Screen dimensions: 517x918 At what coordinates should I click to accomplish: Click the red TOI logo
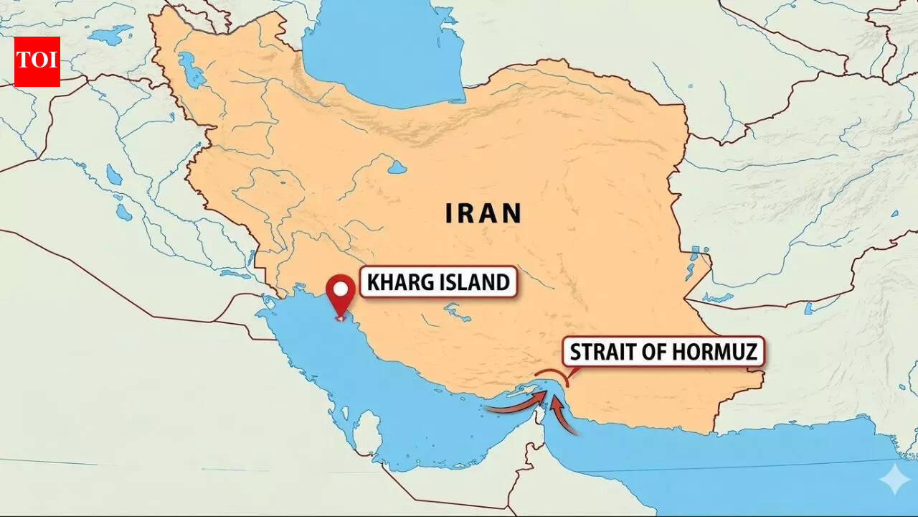(x=37, y=61)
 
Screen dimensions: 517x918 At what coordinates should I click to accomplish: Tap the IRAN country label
(x=483, y=214)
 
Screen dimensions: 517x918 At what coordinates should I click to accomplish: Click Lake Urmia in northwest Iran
(x=191, y=70)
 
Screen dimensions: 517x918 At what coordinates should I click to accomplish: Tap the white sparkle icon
(x=895, y=480)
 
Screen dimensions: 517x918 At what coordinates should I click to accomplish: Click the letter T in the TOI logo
(x=24, y=60)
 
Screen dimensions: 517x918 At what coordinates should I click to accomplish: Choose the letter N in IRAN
(x=510, y=214)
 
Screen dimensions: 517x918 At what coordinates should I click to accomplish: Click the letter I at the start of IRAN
(x=449, y=214)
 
